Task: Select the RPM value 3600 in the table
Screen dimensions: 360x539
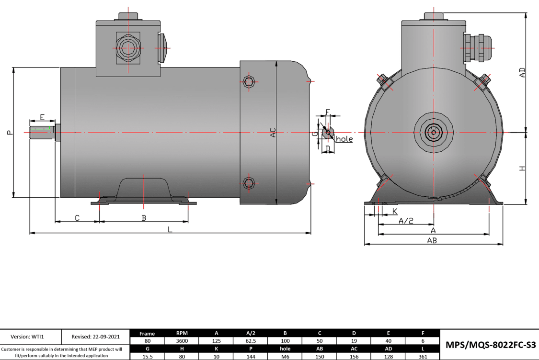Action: [x=182, y=341]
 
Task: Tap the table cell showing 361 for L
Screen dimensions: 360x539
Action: [x=423, y=356]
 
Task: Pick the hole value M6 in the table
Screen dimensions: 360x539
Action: [x=285, y=356]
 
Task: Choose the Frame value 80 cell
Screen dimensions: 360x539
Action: [x=148, y=341]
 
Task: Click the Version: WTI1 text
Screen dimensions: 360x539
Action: [x=31, y=337]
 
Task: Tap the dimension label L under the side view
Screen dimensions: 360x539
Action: [x=170, y=229]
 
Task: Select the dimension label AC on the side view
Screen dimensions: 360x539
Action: [x=273, y=133]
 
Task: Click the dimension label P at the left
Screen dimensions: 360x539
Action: [x=10, y=133]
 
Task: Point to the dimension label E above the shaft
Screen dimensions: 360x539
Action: [x=42, y=117]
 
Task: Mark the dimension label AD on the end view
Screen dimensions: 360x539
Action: [x=522, y=72]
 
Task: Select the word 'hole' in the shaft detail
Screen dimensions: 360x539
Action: [x=344, y=139]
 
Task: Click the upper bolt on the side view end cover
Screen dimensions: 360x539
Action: [x=248, y=82]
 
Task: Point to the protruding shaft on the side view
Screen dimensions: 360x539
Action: [x=42, y=133]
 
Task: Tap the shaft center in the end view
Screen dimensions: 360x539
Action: [x=433, y=130]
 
